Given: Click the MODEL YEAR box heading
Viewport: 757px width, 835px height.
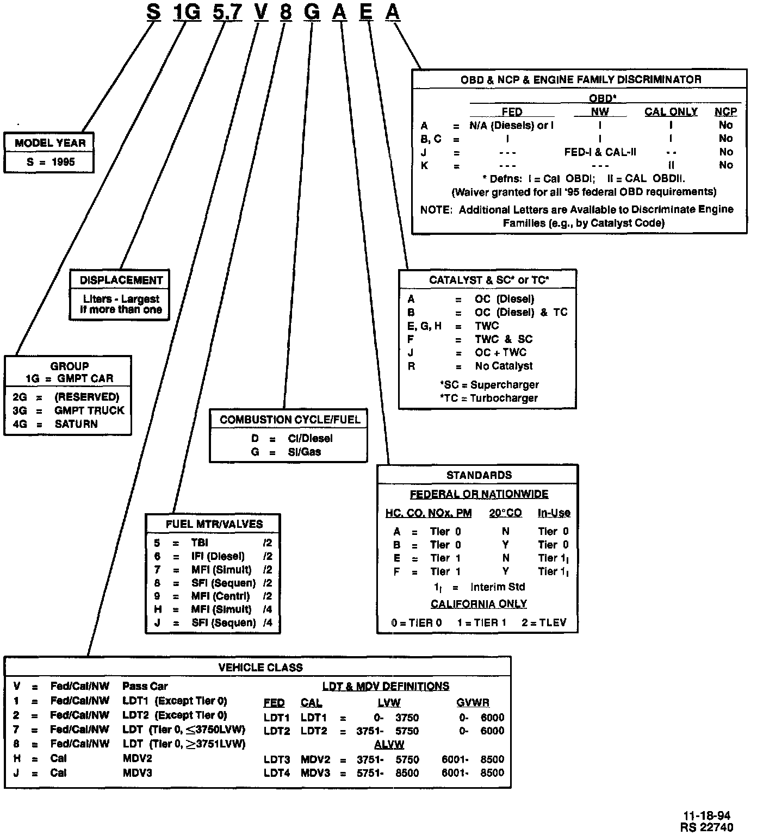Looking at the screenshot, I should pyautogui.click(x=50, y=143).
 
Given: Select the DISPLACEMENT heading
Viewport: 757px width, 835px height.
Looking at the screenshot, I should pyautogui.click(x=121, y=281).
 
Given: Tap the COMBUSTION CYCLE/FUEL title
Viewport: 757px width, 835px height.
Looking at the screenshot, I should pyautogui.click(x=290, y=420).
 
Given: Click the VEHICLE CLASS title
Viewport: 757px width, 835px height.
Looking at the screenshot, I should pyautogui.click(x=260, y=668).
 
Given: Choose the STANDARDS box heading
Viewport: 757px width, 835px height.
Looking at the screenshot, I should pyautogui.click(x=479, y=475).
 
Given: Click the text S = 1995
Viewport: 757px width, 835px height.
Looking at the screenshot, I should pyautogui.click(x=51, y=162).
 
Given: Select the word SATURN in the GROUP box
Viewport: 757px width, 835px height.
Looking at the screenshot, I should pyautogui.click(x=76, y=424).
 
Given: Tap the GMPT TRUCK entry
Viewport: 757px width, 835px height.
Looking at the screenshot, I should pyautogui.click(x=89, y=410).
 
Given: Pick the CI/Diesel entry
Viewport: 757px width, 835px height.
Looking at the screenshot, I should pyautogui.click(x=310, y=439).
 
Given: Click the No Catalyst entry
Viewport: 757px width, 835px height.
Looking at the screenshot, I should pyautogui.click(x=504, y=366).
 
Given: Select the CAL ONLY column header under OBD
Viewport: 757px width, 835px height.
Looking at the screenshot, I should pyautogui.click(x=671, y=111).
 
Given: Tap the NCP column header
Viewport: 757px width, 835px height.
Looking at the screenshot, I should pyautogui.click(x=725, y=111).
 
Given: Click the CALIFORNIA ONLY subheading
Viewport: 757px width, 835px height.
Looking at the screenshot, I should pyautogui.click(x=479, y=604).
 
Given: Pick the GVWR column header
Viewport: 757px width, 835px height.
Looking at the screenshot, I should pyautogui.click(x=473, y=703).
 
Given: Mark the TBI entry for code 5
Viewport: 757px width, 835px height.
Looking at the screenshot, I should pyautogui.click(x=200, y=543).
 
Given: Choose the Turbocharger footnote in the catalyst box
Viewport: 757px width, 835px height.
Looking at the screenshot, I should pyautogui.click(x=488, y=398).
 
